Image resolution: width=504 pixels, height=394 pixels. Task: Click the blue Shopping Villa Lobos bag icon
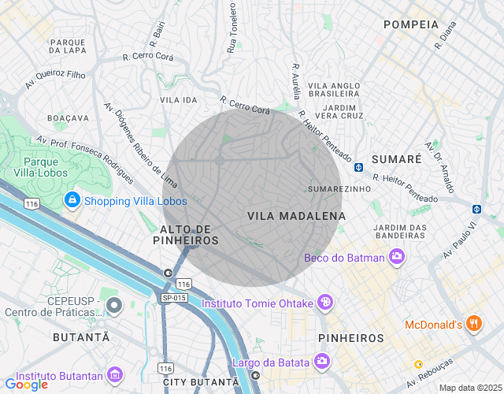coord(72,200)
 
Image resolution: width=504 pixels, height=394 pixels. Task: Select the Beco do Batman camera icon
coord(398,257)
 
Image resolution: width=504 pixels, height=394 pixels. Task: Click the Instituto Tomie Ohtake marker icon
coord(324,303)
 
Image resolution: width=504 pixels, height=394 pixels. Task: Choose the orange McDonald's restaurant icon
coord(473,324)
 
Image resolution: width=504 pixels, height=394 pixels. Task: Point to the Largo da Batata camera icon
coord(321,362)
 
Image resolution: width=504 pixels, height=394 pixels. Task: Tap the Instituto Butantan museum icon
coord(116,373)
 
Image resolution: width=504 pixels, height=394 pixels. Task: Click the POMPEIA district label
coord(410,24)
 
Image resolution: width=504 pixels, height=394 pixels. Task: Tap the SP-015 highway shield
coord(174,297)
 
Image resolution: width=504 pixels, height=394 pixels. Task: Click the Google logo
coord(26,385)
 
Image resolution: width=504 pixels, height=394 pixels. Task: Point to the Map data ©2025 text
coord(469,388)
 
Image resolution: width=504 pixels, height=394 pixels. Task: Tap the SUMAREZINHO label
coord(339,190)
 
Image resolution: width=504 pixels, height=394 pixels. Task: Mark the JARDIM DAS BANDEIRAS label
coord(400,232)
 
